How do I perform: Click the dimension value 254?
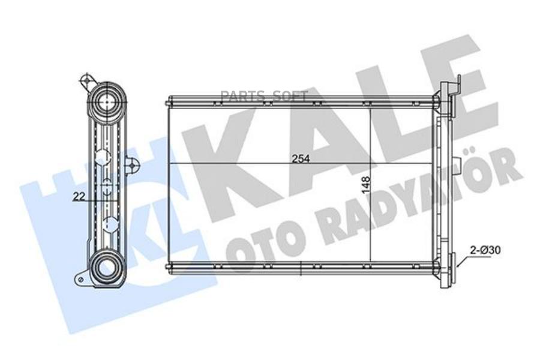pos(301,159)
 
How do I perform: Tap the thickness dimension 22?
pos(79,197)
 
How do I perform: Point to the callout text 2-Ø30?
pos(485,250)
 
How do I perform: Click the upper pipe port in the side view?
pos(107,101)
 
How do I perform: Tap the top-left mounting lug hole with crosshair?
pos(86,80)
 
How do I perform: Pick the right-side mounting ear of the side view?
pos(132,166)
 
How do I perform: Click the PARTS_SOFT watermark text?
pos(263,97)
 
